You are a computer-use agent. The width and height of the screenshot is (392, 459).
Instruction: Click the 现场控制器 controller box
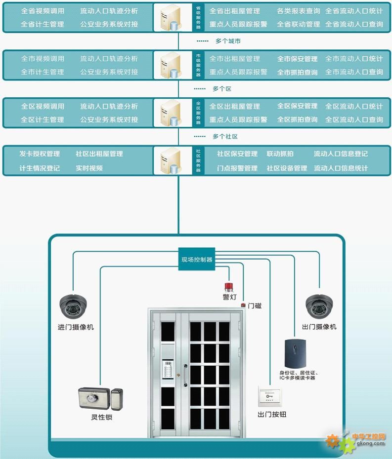tap(197, 259)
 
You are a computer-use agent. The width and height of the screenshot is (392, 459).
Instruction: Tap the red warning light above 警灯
tap(228, 287)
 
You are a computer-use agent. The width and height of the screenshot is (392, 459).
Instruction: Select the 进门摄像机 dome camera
tap(74, 306)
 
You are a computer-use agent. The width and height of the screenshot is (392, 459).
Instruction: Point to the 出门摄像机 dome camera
tap(320, 306)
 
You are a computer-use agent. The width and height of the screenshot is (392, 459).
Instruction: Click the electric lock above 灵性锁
tap(101, 398)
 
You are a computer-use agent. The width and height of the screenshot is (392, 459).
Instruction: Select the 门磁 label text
tap(254, 306)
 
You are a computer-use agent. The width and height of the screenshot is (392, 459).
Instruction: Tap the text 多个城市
tap(228, 41)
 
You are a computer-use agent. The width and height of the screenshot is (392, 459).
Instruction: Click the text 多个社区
tap(225, 136)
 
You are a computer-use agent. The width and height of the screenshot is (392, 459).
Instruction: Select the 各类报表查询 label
tap(298, 11)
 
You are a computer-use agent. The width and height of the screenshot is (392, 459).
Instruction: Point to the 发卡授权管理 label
tap(40, 154)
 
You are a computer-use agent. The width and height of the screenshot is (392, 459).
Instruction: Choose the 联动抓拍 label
tap(280, 154)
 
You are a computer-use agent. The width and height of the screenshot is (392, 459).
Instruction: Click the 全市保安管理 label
tap(297, 59)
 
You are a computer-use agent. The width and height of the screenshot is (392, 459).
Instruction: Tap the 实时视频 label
tap(89, 168)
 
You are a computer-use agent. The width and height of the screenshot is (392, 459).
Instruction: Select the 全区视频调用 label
tap(43, 106)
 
